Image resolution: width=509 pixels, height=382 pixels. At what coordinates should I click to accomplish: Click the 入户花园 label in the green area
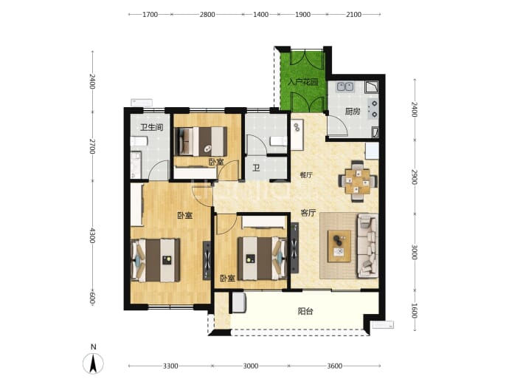pyautogui.click(x=303, y=82)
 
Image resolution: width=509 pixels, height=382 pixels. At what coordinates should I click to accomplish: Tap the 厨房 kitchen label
pyautogui.click(x=353, y=112)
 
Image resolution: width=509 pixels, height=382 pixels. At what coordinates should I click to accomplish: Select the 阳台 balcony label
pyautogui.click(x=305, y=311)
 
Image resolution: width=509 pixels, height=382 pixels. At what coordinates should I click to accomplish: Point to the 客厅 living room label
pyautogui.click(x=308, y=213)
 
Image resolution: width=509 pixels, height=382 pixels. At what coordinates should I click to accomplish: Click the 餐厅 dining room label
pyautogui.click(x=306, y=175)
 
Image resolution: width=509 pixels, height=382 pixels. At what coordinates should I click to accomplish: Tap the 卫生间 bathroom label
pyautogui.click(x=151, y=127)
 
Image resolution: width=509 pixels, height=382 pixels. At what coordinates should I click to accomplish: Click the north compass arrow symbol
pyautogui.click(x=93, y=363)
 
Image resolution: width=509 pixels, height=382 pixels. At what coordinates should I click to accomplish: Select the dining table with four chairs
pyautogui.click(x=357, y=181)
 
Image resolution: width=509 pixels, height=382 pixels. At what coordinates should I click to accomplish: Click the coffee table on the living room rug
pyautogui.click(x=339, y=246)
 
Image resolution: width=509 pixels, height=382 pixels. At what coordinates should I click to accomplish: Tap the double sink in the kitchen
pyautogui.click(x=345, y=86)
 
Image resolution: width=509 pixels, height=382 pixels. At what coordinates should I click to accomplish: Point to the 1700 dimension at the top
pyautogui.click(x=150, y=14)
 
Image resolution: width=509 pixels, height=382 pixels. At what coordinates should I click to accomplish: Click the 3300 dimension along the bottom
pyautogui.click(x=170, y=366)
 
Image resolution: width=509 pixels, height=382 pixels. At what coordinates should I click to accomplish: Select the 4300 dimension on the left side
pyautogui.click(x=92, y=235)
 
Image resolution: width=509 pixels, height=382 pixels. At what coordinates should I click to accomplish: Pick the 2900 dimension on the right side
pyautogui.click(x=415, y=177)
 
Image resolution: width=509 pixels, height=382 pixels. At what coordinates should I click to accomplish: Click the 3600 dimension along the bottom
pyautogui.click(x=334, y=366)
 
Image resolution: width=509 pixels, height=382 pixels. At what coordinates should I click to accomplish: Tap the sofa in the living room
pyautogui.click(x=367, y=246)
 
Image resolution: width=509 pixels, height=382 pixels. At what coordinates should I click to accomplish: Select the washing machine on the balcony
pyautogui.click(x=238, y=303)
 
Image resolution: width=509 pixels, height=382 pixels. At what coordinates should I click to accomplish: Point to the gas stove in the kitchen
pyautogui.click(x=373, y=109)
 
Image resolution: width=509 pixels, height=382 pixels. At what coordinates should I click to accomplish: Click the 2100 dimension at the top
pyautogui.click(x=353, y=14)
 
